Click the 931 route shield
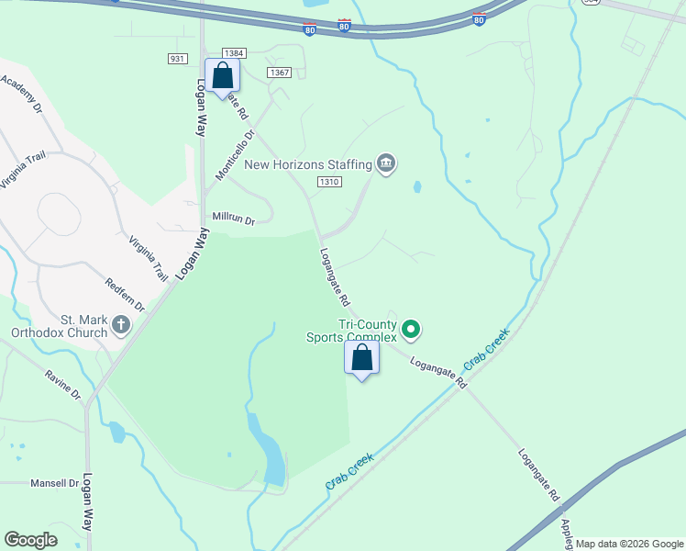click(178, 59)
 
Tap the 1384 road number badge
click(234, 54)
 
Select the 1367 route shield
click(280, 73)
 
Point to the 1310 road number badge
click(330, 183)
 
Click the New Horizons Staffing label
click(307, 164)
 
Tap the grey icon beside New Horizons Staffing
click(386, 164)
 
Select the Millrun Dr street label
click(233, 218)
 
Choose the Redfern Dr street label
click(126, 295)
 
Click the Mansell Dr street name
click(55, 483)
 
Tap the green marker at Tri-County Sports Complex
click(412, 328)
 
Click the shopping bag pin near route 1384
click(222, 76)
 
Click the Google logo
click(30, 540)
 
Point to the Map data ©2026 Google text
click(629, 544)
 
